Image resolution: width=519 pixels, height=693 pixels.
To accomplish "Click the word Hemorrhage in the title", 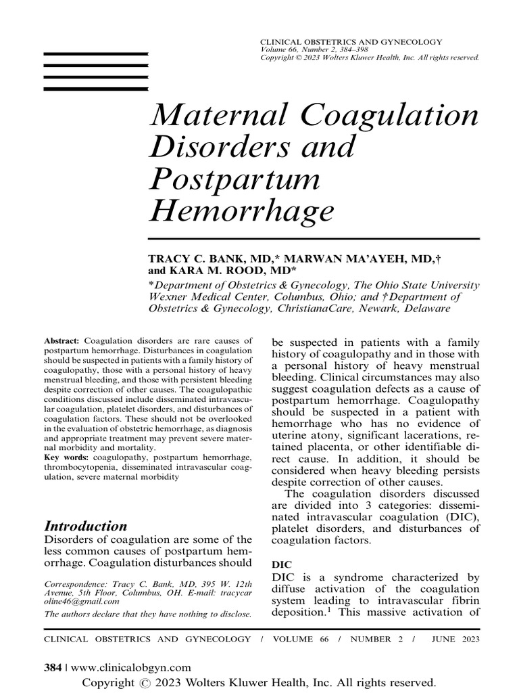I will (x=241, y=210).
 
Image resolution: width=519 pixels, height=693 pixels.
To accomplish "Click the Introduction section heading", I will (x=85, y=526).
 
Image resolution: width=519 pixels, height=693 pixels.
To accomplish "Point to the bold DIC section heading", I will (x=280, y=563).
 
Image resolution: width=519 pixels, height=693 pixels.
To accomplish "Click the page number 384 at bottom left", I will (x=52, y=667).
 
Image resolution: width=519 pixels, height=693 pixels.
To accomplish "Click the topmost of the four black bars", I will (x=96, y=53).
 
